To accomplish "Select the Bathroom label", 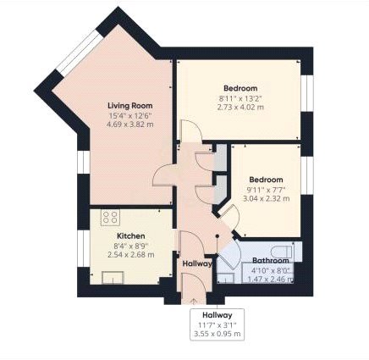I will click(270, 261).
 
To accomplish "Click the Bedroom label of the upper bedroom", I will click(240, 88).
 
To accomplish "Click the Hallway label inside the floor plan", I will click(197, 263).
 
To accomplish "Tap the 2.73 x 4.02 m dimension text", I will click(240, 108).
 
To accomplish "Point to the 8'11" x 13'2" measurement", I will click(240, 98).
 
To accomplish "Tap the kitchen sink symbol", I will click(111, 275).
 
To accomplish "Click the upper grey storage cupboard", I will click(220, 157).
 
